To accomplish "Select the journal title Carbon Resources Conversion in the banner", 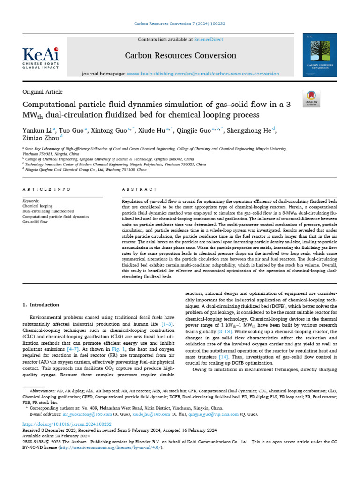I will point(180,56).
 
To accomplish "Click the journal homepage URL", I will point(203,74).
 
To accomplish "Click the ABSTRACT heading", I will point(139,189).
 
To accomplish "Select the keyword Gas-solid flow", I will point(35,222).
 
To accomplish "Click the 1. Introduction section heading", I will point(41,305).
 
